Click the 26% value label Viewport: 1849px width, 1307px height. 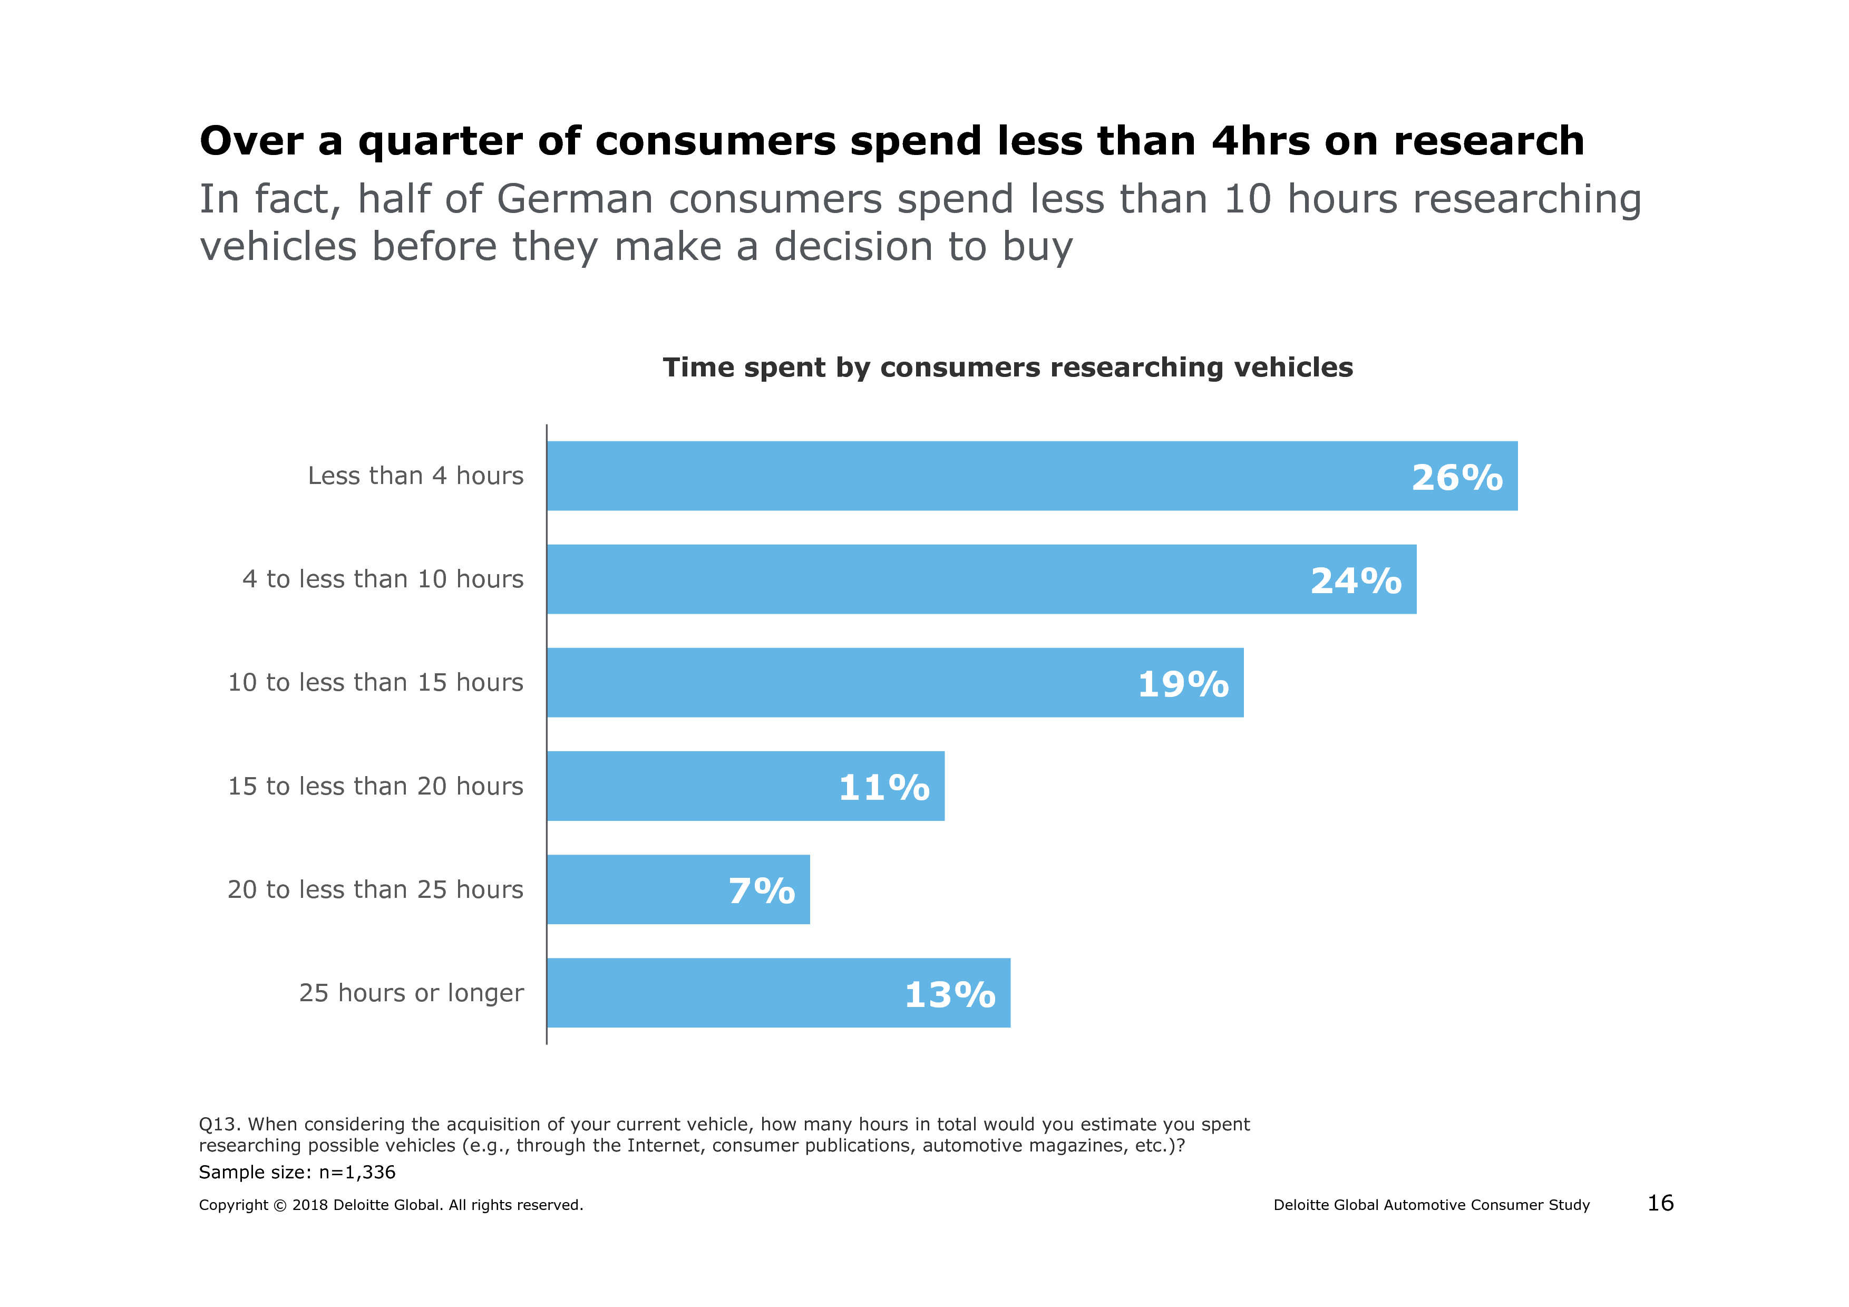1457,478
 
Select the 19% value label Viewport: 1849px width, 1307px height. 1183,684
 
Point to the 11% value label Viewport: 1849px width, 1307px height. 884,788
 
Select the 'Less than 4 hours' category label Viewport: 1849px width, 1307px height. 415,476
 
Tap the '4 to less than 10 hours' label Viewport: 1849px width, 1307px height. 383,579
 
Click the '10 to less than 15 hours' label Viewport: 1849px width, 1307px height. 375,682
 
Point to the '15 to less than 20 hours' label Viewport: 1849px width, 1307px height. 375,786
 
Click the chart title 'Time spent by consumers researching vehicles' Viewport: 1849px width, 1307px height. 1007,367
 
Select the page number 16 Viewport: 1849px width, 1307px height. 1660,1203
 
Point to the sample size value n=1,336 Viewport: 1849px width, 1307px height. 357,1172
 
